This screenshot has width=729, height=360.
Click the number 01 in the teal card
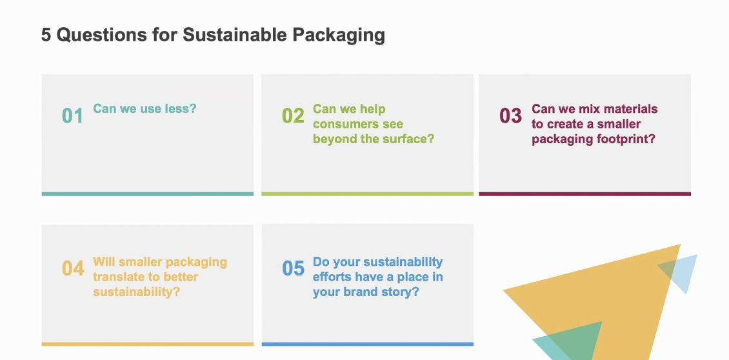(72, 116)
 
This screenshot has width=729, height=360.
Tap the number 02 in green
(293, 116)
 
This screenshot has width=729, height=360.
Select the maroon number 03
(510, 116)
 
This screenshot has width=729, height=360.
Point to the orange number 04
(73, 268)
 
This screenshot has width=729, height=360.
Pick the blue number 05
(293, 268)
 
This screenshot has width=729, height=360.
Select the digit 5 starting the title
(46, 35)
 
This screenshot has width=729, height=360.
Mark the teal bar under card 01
(147, 194)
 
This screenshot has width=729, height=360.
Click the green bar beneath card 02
(367, 194)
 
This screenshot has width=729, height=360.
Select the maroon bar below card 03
(584, 194)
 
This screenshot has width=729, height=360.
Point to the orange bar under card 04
(147, 344)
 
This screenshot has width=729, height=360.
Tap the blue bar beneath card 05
(367, 344)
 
